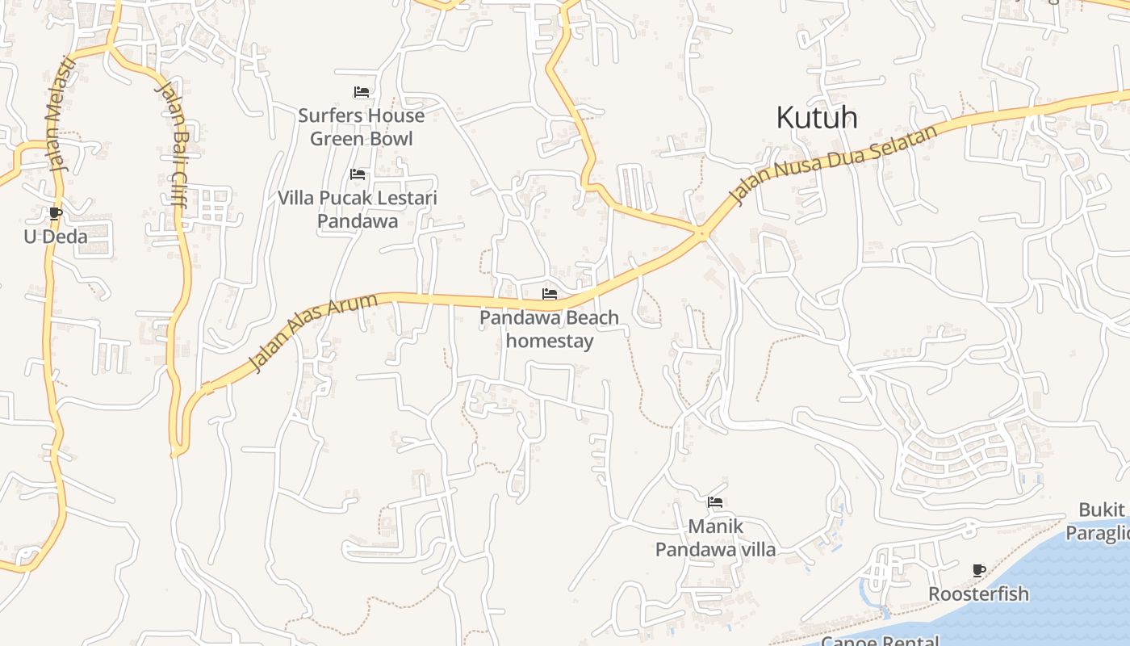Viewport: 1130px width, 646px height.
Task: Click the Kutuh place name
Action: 816,118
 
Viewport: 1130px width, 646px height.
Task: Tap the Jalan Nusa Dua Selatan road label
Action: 834,164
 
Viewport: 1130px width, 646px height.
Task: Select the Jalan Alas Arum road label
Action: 312,333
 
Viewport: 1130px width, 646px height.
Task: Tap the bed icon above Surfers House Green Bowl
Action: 361,92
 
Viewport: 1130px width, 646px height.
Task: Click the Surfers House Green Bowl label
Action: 361,127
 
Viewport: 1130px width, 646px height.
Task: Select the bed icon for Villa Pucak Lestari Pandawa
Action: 358,174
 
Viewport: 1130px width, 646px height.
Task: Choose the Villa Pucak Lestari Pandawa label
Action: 358,209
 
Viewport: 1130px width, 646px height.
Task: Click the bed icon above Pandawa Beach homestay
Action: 550,294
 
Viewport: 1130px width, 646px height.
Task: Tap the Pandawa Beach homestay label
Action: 550,329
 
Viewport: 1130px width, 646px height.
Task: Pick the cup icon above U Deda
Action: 55,214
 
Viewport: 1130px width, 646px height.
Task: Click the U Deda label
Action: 55,237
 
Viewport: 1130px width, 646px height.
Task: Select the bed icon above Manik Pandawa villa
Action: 715,502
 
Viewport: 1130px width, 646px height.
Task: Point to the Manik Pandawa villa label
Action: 715,538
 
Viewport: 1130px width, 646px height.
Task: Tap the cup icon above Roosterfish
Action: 979,571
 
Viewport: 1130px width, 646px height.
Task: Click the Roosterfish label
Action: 978,594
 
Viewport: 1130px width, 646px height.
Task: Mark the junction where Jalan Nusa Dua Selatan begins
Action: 702,233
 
